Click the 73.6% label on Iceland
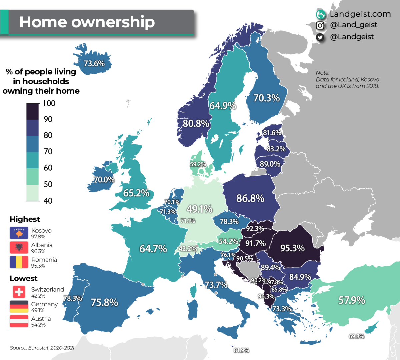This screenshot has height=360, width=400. pyautogui.click(x=94, y=63)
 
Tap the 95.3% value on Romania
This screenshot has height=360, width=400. pyautogui.click(x=292, y=248)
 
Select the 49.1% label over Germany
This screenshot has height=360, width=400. pyautogui.click(x=199, y=209)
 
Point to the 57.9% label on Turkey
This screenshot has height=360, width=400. pyautogui.click(x=352, y=300)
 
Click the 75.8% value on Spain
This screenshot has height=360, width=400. pyautogui.click(x=104, y=302)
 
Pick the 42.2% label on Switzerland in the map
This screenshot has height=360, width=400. pyautogui.click(x=188, y=249)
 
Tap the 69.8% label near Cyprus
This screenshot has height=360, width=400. pyautogui.click(x=356, y=336)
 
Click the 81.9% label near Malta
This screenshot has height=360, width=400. pyautogui.click(x=241, y=350)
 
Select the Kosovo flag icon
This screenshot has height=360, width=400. pyautogui.click(x=19, y=233)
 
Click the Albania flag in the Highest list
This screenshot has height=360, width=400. pyautogui.click(x=19, y=248)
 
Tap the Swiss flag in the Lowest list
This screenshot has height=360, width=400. pyautogui.click(x=19, y=292)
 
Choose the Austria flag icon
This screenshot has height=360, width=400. pyautogui.click(x=19, y=321)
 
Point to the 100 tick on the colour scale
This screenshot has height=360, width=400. pyautogui.click(x=49, y=103)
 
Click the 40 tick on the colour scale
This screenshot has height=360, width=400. pyautogui.click(x=48, y=201)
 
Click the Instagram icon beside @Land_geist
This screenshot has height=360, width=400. pyautogui.click(x=320, y=25)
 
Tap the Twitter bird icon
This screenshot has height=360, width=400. pyautogui.click(x=320, y=37)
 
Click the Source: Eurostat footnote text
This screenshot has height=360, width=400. pyautogui.click(x=42, y=348)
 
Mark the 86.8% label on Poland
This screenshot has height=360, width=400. pyautogui.click(x=250, y=198)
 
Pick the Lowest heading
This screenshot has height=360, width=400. pyautogui.click(x=23, y=278)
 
